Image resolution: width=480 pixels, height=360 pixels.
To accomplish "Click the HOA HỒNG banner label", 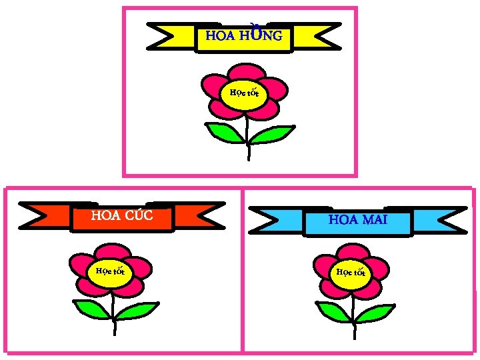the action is [244, 36].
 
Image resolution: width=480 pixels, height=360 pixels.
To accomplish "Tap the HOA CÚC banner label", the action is [122, 215].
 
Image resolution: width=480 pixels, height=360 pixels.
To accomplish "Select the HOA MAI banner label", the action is [358, 219].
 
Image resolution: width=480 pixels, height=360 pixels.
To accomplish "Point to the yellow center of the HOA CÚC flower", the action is [111, 271].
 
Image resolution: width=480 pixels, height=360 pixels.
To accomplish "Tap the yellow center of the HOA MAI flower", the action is [351, 273].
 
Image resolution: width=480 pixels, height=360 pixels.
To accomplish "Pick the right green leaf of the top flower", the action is [271, 134].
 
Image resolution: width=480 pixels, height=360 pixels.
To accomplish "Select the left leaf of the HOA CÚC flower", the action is [91, 309].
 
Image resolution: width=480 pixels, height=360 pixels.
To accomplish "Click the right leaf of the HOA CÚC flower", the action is [136, 311].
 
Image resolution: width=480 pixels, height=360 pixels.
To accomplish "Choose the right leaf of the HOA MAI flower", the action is [375, 312].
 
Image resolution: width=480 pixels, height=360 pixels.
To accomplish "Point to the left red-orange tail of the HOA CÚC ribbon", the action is [48, 215].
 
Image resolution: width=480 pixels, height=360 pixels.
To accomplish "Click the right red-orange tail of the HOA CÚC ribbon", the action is [197, 215].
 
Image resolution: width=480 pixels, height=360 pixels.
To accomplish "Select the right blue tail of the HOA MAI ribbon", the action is [437, 219].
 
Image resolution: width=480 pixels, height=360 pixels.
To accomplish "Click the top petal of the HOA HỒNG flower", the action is [246, 71].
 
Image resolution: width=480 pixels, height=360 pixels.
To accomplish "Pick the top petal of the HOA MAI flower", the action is [353, 252].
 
